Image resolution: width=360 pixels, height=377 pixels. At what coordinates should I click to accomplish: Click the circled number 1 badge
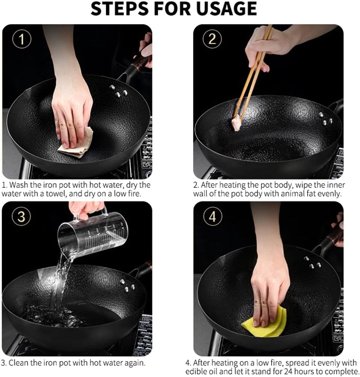21,39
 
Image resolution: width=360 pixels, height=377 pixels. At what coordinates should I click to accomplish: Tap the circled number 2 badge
212,39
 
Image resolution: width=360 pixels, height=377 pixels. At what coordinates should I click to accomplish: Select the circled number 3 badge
21,216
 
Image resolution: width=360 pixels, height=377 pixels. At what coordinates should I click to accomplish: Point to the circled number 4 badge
212,217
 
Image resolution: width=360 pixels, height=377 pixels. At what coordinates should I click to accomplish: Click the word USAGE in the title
227,9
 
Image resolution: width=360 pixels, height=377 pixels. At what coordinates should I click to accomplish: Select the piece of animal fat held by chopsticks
236,123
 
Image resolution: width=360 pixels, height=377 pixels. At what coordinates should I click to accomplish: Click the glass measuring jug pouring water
93,234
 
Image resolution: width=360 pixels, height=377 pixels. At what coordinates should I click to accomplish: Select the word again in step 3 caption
134,363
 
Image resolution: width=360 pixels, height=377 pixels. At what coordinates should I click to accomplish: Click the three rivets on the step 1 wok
119,91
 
